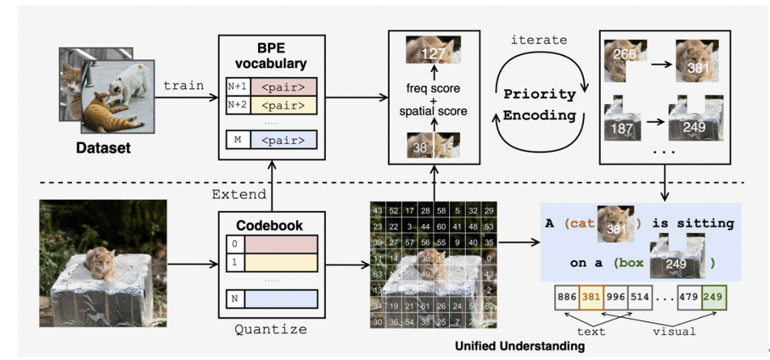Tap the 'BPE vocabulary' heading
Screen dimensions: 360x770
coord(271,56)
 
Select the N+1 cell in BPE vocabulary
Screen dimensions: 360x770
coord(237,86)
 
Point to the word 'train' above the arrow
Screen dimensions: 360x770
coord(183,86)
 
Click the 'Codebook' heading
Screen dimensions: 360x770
coord(269,225)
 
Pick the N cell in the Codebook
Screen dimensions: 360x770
coord(235,298)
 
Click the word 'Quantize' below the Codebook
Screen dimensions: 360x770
coord(270,329)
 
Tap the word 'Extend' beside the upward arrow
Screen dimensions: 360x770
coord(238,194)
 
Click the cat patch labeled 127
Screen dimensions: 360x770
coord(433,51)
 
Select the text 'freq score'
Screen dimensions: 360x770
coord(432,89)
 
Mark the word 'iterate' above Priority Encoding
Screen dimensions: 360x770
coord(539,40)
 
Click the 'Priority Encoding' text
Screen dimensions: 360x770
coord(539,104)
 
